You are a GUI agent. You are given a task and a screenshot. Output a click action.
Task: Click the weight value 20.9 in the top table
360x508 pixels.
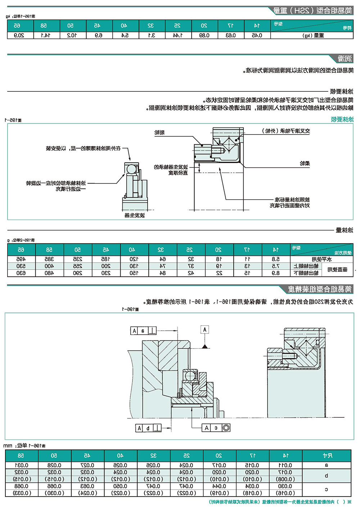(19, 35)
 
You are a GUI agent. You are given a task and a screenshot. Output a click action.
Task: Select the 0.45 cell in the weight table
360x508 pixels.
(257, 35)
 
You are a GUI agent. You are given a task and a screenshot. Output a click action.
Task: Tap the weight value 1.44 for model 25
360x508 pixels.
(177, 35)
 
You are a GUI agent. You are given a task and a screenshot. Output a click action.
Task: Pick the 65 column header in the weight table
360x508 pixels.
(17, 26)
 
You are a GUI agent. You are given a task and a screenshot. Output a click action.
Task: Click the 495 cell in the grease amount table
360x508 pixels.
(21, 259)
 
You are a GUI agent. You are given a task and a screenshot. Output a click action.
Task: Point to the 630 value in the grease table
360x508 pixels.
(21, 273)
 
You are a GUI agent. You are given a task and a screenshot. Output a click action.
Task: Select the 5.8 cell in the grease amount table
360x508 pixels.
(276, 259)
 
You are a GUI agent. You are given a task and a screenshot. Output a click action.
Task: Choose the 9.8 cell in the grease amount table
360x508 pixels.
(276, 273)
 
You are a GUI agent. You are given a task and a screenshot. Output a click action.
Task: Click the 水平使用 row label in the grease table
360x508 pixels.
(321, 259)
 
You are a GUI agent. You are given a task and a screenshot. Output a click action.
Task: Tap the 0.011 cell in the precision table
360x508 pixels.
(285, 465)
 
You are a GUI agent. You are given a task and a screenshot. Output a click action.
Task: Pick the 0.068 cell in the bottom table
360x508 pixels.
(22, 486)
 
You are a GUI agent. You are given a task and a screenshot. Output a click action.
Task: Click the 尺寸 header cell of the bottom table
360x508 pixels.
(327, 455)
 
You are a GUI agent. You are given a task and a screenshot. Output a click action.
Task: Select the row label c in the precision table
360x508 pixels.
(327, 490)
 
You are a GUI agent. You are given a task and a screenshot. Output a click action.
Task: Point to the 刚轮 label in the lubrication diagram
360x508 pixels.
(159, 132)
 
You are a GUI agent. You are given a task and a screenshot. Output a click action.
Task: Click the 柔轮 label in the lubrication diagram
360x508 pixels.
(305, 163)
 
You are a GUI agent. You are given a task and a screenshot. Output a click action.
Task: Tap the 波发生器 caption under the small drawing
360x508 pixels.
(135, 215)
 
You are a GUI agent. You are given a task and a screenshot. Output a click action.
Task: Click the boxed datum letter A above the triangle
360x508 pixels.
(205, 330)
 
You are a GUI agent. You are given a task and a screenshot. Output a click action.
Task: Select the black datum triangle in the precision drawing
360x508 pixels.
(205, 346)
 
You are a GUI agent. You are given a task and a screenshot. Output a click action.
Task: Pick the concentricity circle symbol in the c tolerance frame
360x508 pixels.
(226, 427)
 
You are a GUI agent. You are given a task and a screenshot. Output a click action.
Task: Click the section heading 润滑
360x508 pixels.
(345, 59)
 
